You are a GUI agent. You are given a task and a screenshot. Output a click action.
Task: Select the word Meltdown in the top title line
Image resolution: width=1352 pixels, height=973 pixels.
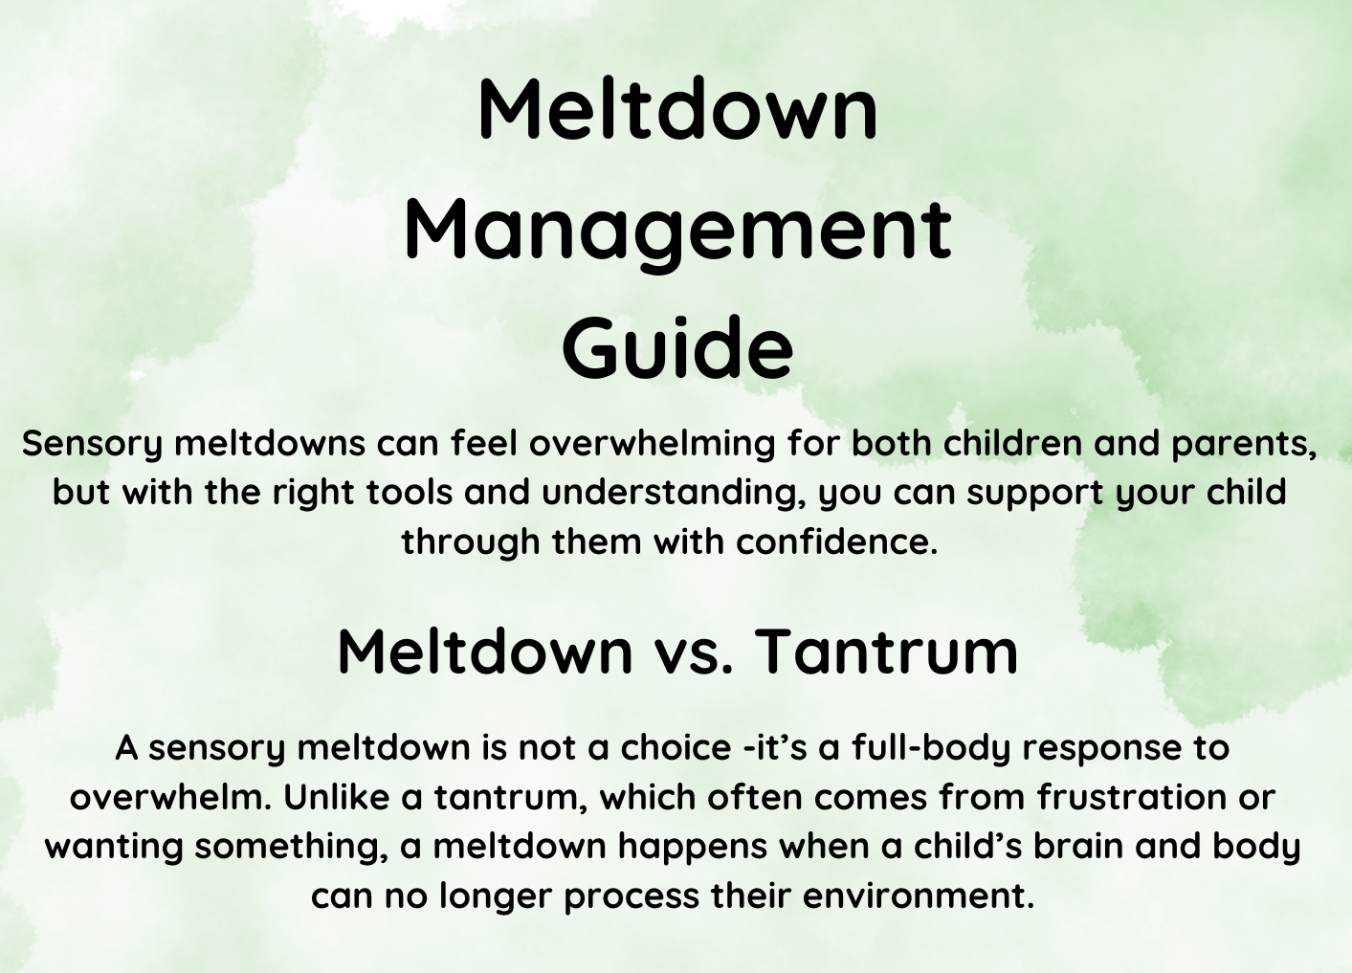pyautogui.click(x=677, y=109)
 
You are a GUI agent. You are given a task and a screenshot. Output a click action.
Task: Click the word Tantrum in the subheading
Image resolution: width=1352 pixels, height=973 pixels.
pyautogui.click(x=886, y=652)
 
